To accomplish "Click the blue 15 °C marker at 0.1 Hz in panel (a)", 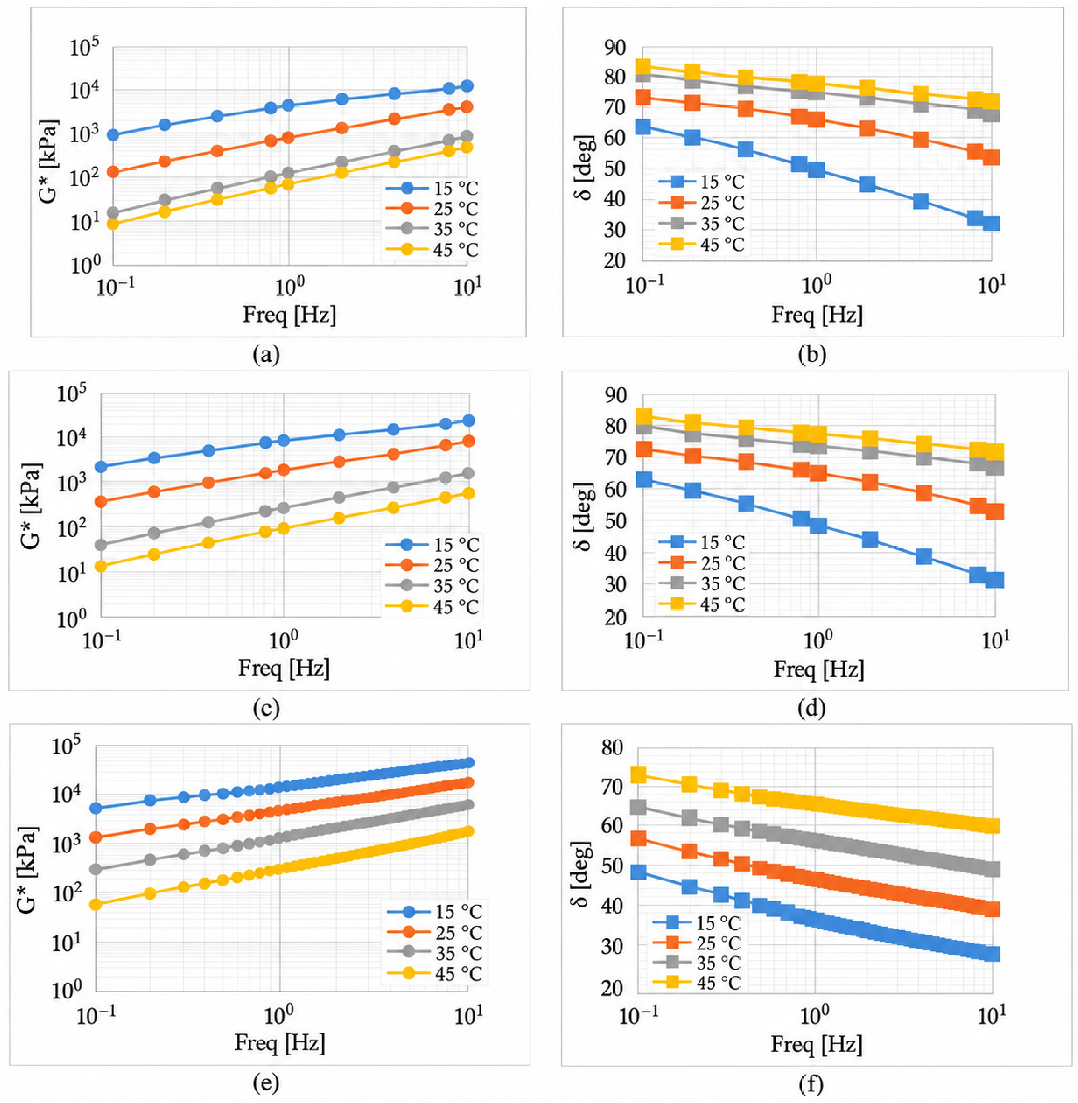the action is pos(113,135).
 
